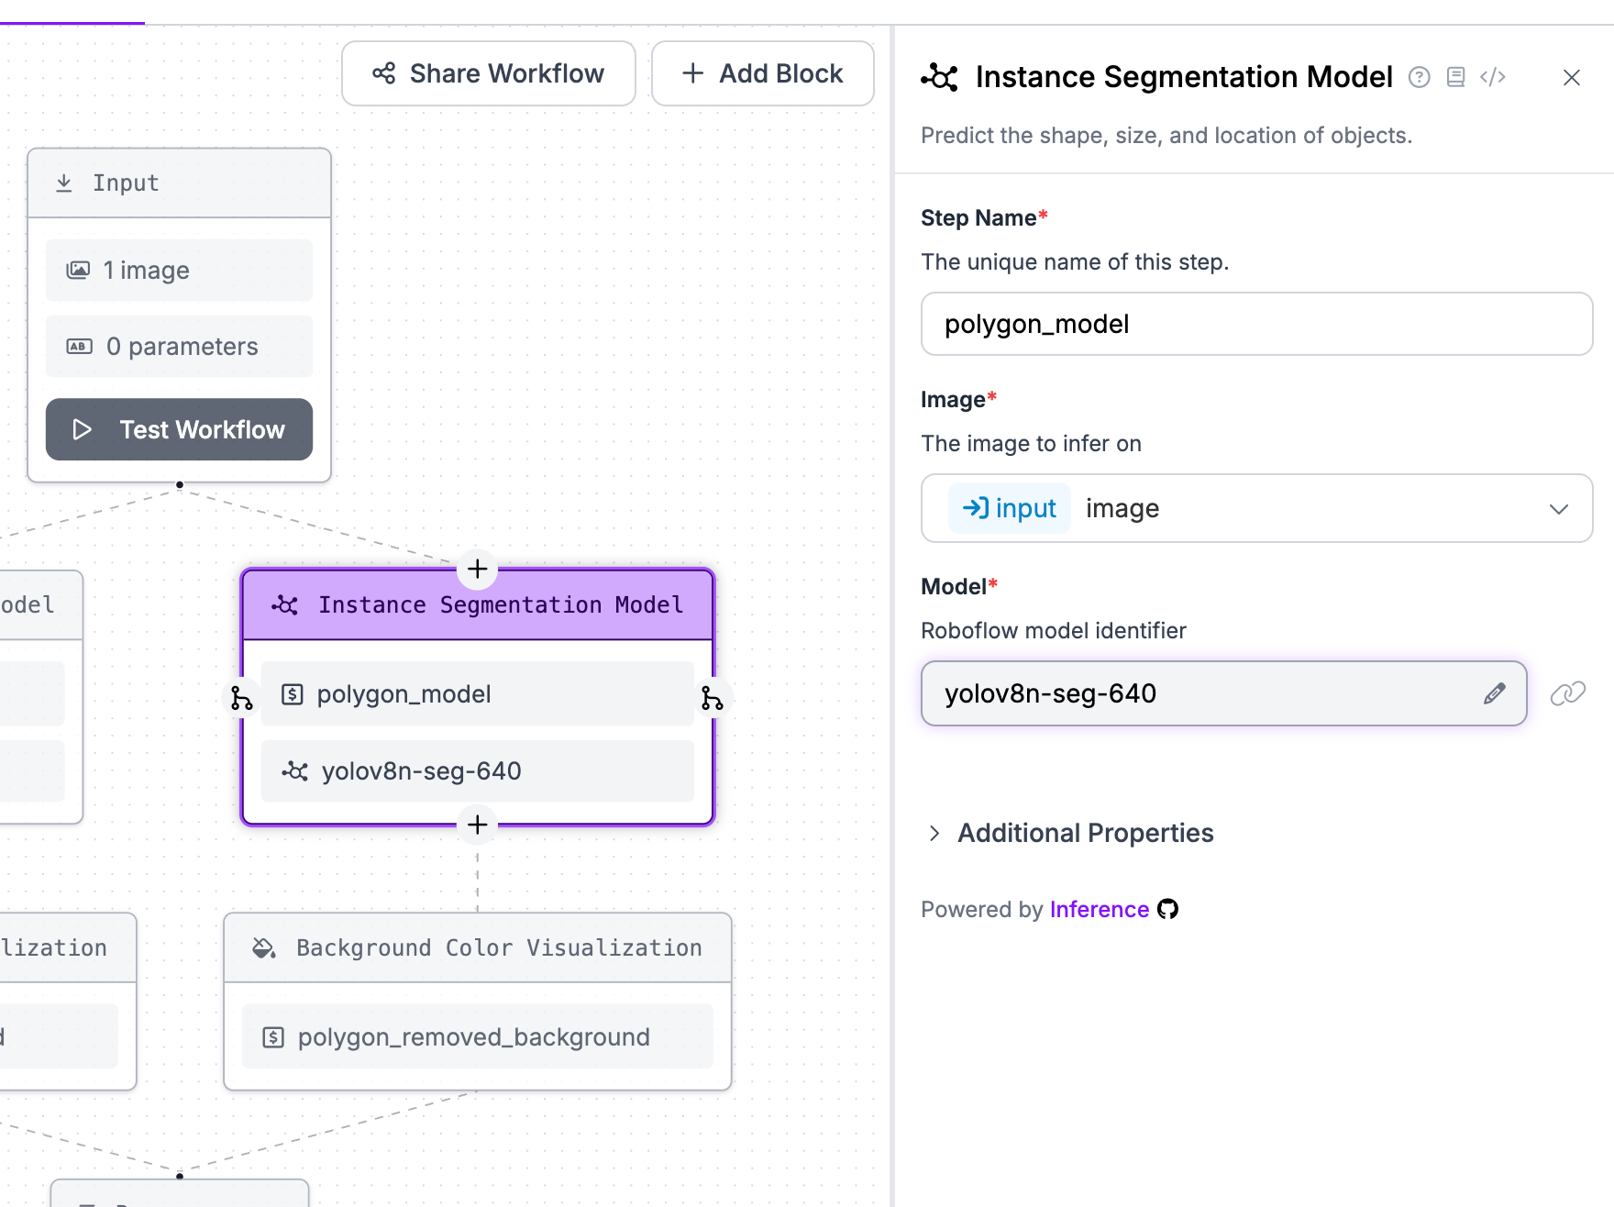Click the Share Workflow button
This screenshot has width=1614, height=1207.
[488, 73]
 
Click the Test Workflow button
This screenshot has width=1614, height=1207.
[179, 429]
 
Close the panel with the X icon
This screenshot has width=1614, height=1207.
[1571, 78]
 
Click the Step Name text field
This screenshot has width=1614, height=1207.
[1256, 324]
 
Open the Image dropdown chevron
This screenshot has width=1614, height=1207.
[1558, 509]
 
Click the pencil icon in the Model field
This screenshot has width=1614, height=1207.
[1494, 693]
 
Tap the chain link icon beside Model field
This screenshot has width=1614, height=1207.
[1567, 693]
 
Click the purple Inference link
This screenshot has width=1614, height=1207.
[1099, 909]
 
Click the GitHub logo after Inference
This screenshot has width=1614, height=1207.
[1167, 909]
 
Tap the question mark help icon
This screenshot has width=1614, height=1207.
[1419, 77]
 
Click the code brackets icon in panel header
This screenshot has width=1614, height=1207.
[1492, 77]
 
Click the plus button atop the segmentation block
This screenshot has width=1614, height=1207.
[477, 569]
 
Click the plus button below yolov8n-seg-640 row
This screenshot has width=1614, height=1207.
[477, 825]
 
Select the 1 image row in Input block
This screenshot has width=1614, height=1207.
[179, 271]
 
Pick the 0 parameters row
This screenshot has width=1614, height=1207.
[179, 347]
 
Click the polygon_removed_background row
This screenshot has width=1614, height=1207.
[477, 1036]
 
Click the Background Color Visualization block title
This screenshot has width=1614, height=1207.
[498, 947]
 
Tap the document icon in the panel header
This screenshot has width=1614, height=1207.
[1455, 77]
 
